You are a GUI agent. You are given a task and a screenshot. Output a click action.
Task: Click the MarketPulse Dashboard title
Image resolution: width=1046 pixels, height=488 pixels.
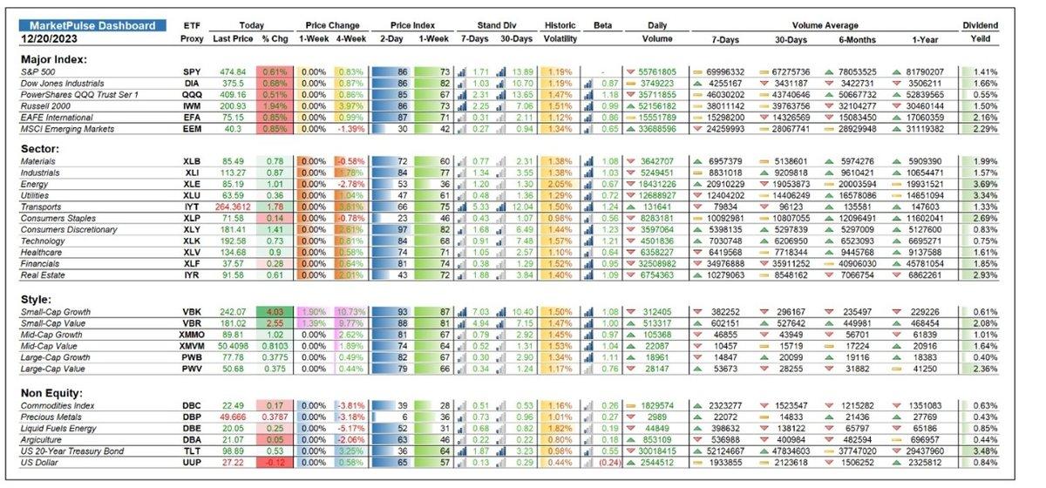pos(92,25)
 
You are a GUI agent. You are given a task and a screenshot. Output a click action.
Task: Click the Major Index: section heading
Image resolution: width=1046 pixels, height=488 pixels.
pos(53,58)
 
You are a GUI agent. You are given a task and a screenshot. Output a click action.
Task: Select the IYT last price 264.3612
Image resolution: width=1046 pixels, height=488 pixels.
pos(229,207)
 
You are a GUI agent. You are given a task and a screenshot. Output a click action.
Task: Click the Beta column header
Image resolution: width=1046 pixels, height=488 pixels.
pos(602,26)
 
